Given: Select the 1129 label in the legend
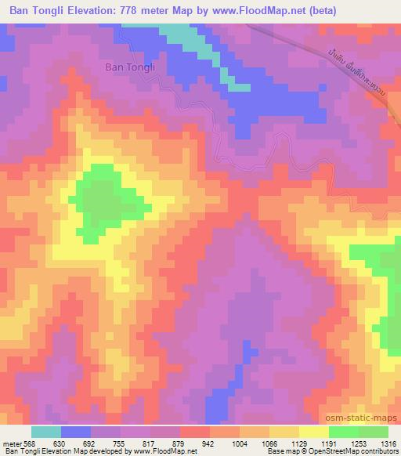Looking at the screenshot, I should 299,443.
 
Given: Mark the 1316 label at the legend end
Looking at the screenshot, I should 389,443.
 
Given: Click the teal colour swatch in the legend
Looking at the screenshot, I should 46,432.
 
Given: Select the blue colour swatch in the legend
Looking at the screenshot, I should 76,432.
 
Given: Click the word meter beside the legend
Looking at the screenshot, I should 12,443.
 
